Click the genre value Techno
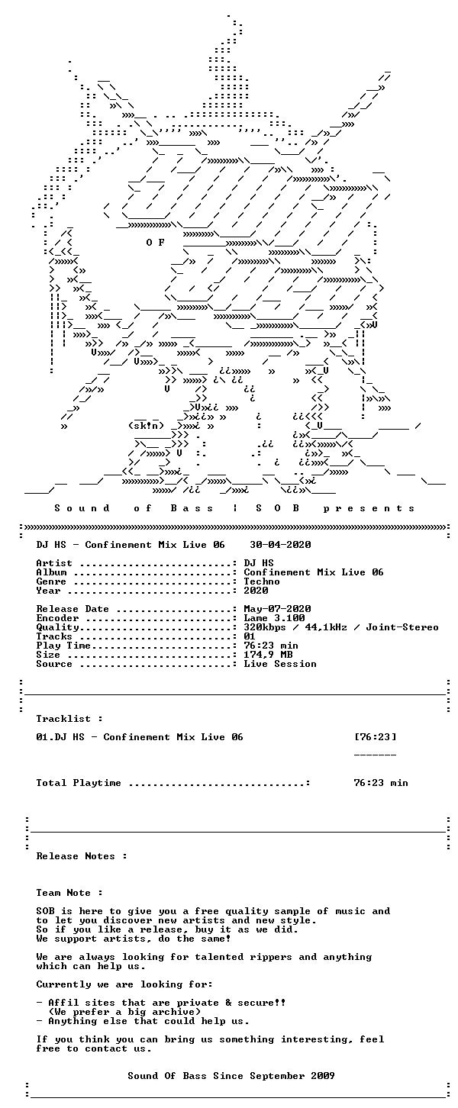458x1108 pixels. [262, 581]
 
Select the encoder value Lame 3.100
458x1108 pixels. [274, 618]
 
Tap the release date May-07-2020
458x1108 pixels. [277, 609]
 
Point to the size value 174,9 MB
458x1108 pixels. [268, 655]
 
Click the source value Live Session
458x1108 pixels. [280, 664]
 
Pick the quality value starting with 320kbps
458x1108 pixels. [340, 627]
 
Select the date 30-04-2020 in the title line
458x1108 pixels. [280, 545]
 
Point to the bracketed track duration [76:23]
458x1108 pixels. [375, 737]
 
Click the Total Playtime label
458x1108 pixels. [78, 783]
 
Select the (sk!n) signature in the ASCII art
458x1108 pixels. [145, 425]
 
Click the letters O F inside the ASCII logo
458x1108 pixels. [155, 243]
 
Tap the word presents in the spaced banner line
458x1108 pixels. [369, 508]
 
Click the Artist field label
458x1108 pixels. [54, 563]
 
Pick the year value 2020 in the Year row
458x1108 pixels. [256, 591]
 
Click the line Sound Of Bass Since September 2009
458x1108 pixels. [231, 1076]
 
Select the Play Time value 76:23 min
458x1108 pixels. [271, 646]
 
